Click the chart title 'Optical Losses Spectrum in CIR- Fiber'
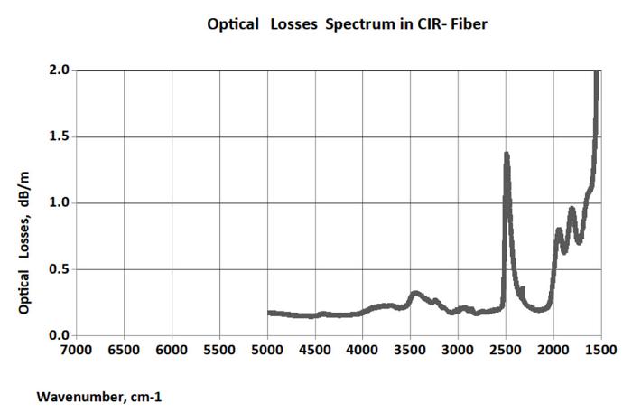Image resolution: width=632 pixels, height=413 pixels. pos(348,24)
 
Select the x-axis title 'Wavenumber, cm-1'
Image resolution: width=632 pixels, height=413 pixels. pos(99,396)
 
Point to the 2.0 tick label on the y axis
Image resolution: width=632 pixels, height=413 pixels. pos(60,70)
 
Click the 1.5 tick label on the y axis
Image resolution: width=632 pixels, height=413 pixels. pos(60,136)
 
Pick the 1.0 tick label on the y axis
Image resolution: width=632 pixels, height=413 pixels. pos(60,203)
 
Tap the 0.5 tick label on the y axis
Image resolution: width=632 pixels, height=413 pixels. pos(60,269)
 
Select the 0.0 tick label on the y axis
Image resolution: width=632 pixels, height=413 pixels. pos(60,336)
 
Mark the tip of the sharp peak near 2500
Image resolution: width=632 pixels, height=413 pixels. pos(506,155)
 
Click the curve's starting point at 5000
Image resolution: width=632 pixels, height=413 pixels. pos(269,313)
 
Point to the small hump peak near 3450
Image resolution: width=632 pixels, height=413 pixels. pos(414,293)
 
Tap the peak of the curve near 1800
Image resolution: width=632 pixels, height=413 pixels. pos(572,210)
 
